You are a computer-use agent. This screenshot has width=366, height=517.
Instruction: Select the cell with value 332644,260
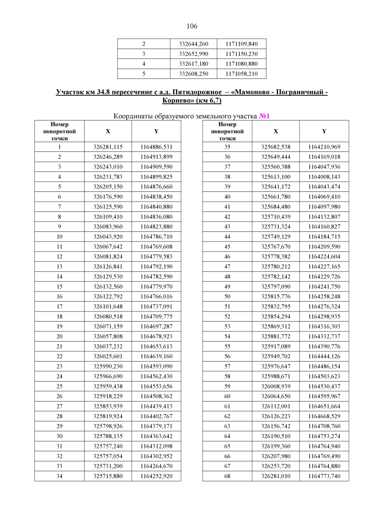click(x=194, y=44)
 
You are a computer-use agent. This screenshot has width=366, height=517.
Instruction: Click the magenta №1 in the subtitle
click(x=264, y=116)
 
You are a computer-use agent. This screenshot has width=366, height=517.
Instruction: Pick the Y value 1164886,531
click(x=156, y=147)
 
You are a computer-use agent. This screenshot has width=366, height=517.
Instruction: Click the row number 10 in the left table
click(x=59, y=236)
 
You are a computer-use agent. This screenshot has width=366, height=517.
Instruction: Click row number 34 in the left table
click(x=59, y=475)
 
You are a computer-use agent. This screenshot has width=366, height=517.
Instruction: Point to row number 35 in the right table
click(x=227, y=147)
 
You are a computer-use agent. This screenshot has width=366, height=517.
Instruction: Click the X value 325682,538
click(x=276, y=147)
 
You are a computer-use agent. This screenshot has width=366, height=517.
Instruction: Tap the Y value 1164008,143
click(x=324, y=177)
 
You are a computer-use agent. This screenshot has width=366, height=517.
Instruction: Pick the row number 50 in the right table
click(x=227, y=296)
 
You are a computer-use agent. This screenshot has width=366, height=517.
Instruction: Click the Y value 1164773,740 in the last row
click(x=324, y=475)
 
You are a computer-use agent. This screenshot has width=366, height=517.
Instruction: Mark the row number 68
click(x=227, y=475)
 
